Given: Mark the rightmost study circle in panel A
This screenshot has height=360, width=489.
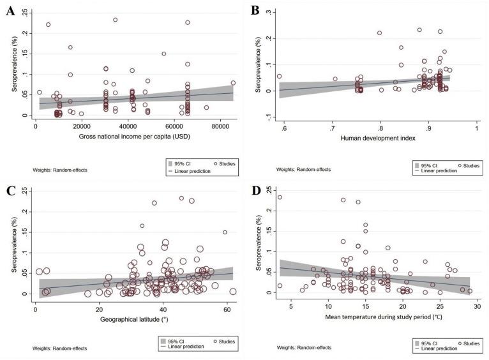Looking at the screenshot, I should click(x=233, y=82).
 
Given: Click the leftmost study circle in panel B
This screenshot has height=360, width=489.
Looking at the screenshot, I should click(x=279, y=77).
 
